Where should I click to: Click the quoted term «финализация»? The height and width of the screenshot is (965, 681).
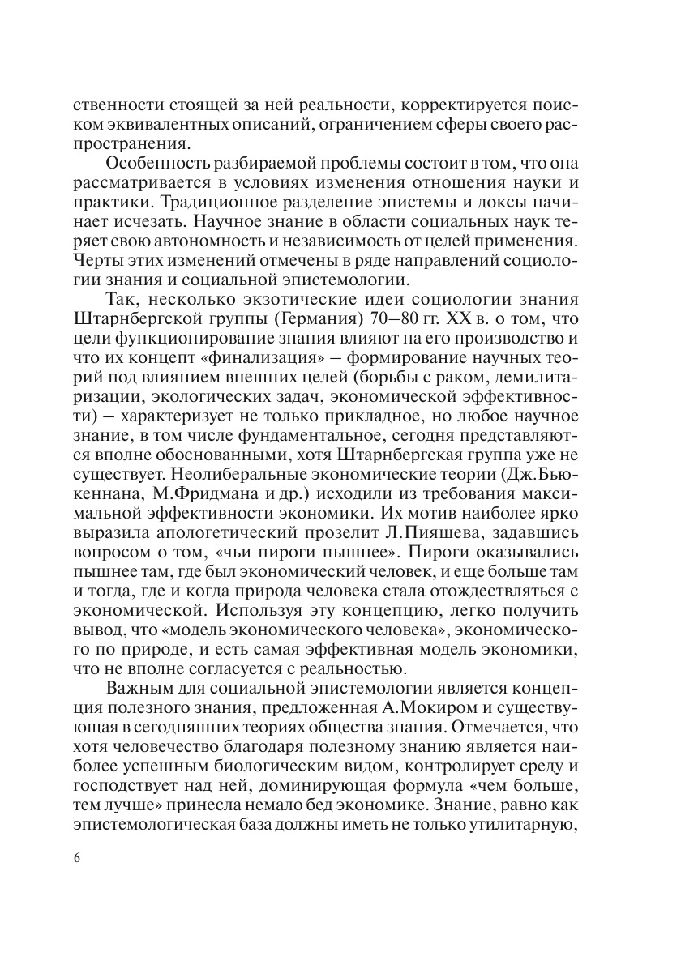263,349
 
